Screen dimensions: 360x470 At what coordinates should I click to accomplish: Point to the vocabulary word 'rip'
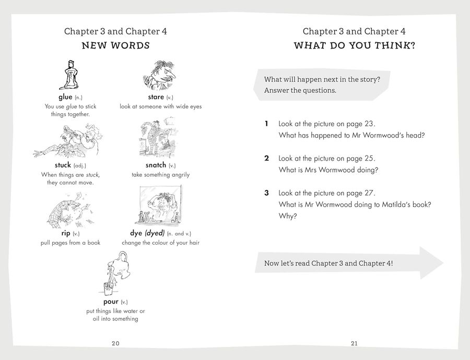pyautogui.click(x=65, y=233)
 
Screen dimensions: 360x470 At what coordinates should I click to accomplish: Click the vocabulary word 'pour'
pyautogui.click(x=108, y=302)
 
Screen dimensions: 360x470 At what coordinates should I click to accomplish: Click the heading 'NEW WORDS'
pyautogui.click(x=115, y=46)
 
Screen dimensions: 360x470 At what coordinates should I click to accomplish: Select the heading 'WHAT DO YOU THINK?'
pyautogui.click(x=354, y=46)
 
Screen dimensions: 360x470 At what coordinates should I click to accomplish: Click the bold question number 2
pyautogui.click(x=266, y=158)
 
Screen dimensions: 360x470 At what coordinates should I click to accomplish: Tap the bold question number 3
pyautogui.click(x=266, y=193)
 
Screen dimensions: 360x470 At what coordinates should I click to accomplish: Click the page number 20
pyautogui.click(x=115, y=343)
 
